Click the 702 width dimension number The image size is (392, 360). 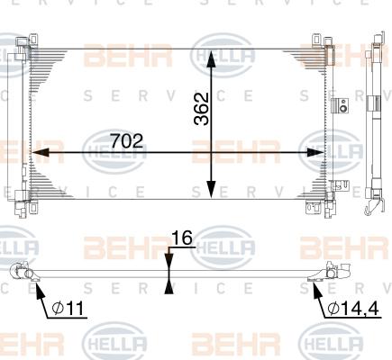pos(127,141)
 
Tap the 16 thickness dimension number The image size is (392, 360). pos(182,238)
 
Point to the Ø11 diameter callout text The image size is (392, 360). pos(68,309)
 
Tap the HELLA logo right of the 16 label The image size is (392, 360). pos(220,245)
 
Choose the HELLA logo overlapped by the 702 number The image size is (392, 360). pos(113,148)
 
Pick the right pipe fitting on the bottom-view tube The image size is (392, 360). pos(332,269)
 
